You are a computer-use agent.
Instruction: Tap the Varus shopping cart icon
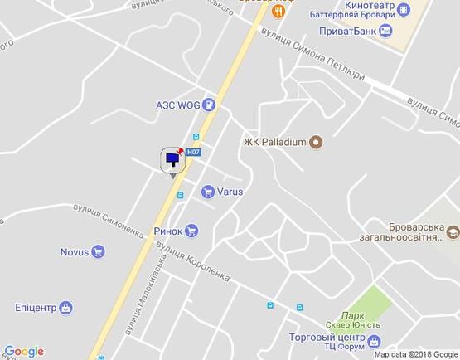click(208, 192)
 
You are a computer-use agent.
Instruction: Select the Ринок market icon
click(191, 231)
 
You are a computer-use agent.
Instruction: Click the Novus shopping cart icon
click(98, 252)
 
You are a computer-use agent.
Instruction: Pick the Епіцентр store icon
click(65, 308)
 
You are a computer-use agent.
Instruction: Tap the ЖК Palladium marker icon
click(315, 142)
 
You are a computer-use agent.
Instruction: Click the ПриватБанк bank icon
click(385, 31)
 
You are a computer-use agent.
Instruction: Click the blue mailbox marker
click(172, 159)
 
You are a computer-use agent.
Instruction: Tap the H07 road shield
click(192, 152)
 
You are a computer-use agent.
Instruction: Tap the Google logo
click(24, 352)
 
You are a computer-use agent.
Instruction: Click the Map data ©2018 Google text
click(415, 354)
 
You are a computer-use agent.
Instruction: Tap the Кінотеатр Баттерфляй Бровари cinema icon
click(403, 10)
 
